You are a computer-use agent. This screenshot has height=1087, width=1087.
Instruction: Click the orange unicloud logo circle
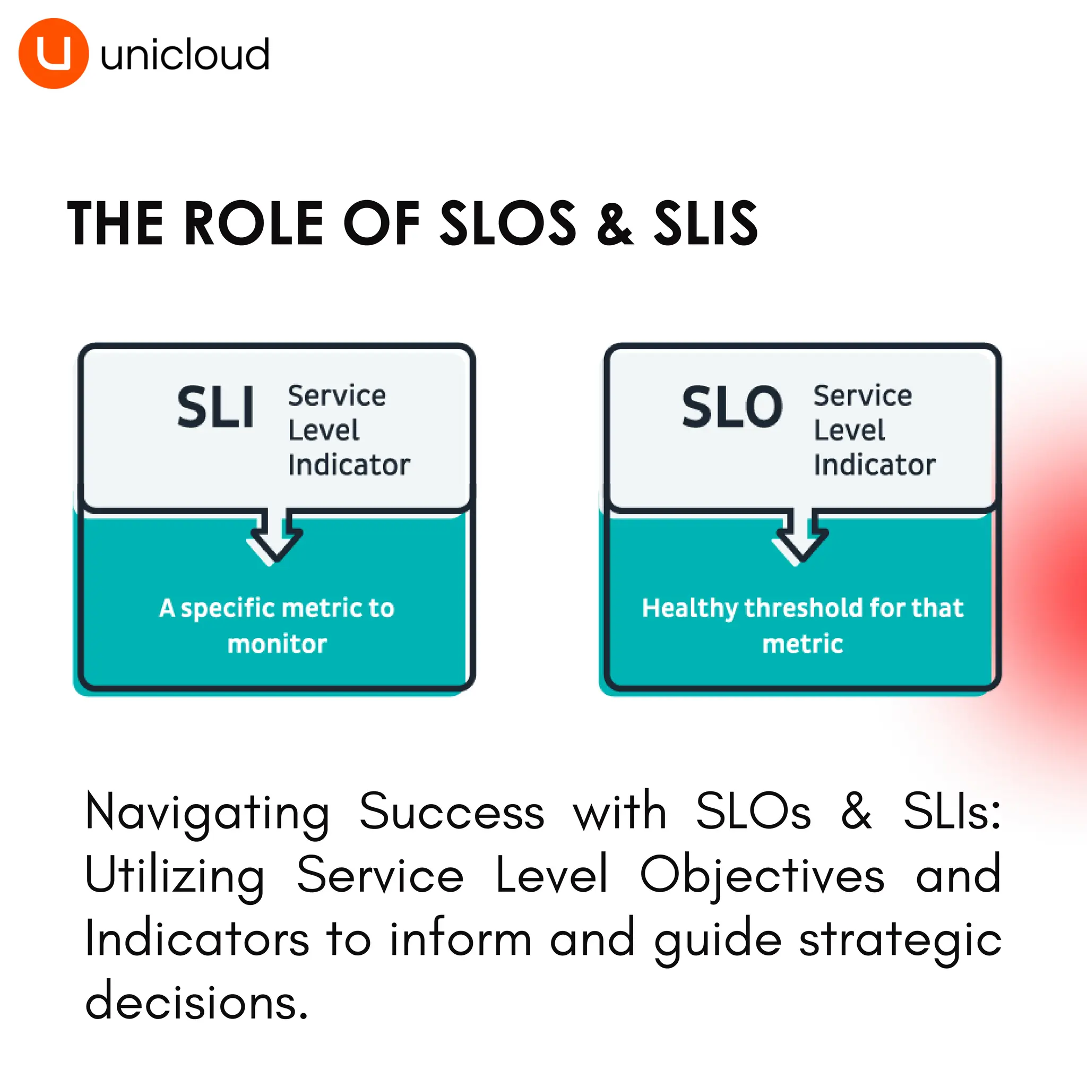(54, 54)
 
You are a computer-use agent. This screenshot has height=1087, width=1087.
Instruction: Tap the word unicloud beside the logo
(185, 55)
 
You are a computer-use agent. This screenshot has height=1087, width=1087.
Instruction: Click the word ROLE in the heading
(254, 224)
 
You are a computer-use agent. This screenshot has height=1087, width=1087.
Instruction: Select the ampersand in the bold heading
(615, 224)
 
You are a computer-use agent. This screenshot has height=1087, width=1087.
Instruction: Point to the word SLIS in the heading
(705, 224)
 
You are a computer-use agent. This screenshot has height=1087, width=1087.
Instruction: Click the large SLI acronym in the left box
(215, 407)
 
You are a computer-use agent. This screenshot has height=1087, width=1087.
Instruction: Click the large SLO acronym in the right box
(732, 407)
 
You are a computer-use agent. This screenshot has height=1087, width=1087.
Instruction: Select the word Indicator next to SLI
(349, 465)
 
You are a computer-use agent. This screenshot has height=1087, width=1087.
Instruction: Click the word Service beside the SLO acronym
(862, 396)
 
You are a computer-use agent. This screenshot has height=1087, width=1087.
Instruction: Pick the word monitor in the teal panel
(277, 644)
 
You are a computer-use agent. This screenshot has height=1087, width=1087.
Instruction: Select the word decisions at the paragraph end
(196, 1002)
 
